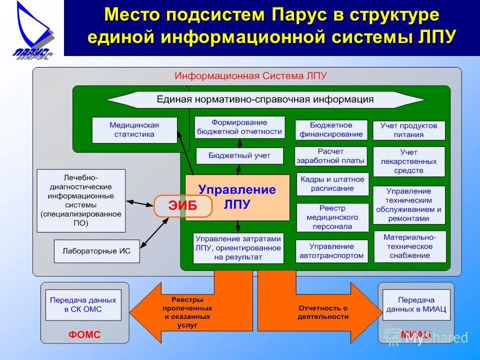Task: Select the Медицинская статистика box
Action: [x=134, y=130]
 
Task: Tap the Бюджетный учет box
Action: [x=239, y=155]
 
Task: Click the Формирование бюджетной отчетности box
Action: [x=239, y=127]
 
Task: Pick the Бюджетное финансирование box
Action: [x=331, y=130]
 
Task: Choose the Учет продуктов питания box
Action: [x=408, y=130]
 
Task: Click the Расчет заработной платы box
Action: [x=331, y=156]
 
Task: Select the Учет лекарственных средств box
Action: [x=408, y=161]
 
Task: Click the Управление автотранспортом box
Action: [x=331, y=251]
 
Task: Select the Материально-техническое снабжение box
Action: [x=408, y=246]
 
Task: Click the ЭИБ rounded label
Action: [x=183, y=205]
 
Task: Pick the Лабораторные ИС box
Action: [x=96, y=251]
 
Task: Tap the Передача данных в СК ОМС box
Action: [x=83, y=304]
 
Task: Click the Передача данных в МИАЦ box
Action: [x=416, y=304]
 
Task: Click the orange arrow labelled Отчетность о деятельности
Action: [x=320, y=312]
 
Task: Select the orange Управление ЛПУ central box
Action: [x=237, y=197]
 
